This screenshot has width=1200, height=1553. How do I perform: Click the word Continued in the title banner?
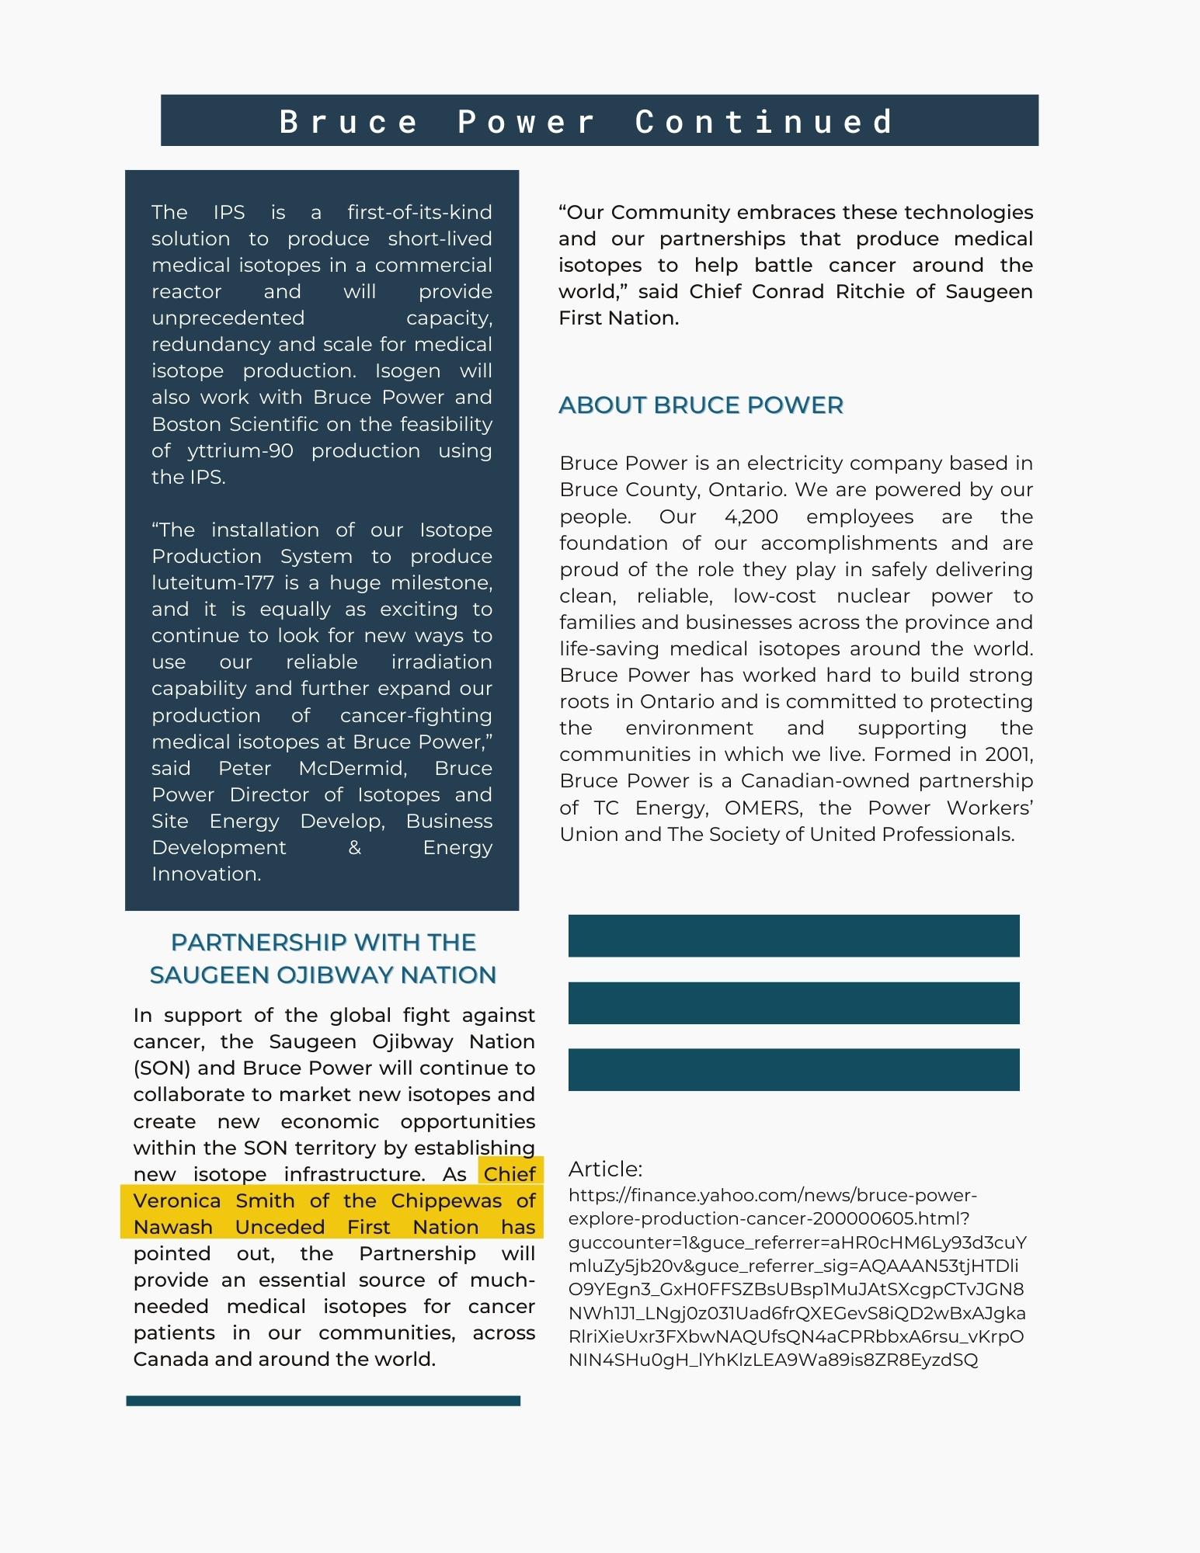765,122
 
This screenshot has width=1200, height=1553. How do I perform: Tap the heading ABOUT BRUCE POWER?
701,405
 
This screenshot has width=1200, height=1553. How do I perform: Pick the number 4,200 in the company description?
751,517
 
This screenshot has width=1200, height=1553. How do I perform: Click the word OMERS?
762,808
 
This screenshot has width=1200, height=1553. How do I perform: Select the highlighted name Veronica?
178,1201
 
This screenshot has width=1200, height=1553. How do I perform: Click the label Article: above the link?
605,1169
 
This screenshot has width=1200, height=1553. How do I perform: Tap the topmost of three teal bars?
793,936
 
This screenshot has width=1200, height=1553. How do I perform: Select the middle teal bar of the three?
793,1003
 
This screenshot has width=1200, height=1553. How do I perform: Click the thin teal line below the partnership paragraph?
323,1401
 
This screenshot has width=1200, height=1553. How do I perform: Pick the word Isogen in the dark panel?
408,371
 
